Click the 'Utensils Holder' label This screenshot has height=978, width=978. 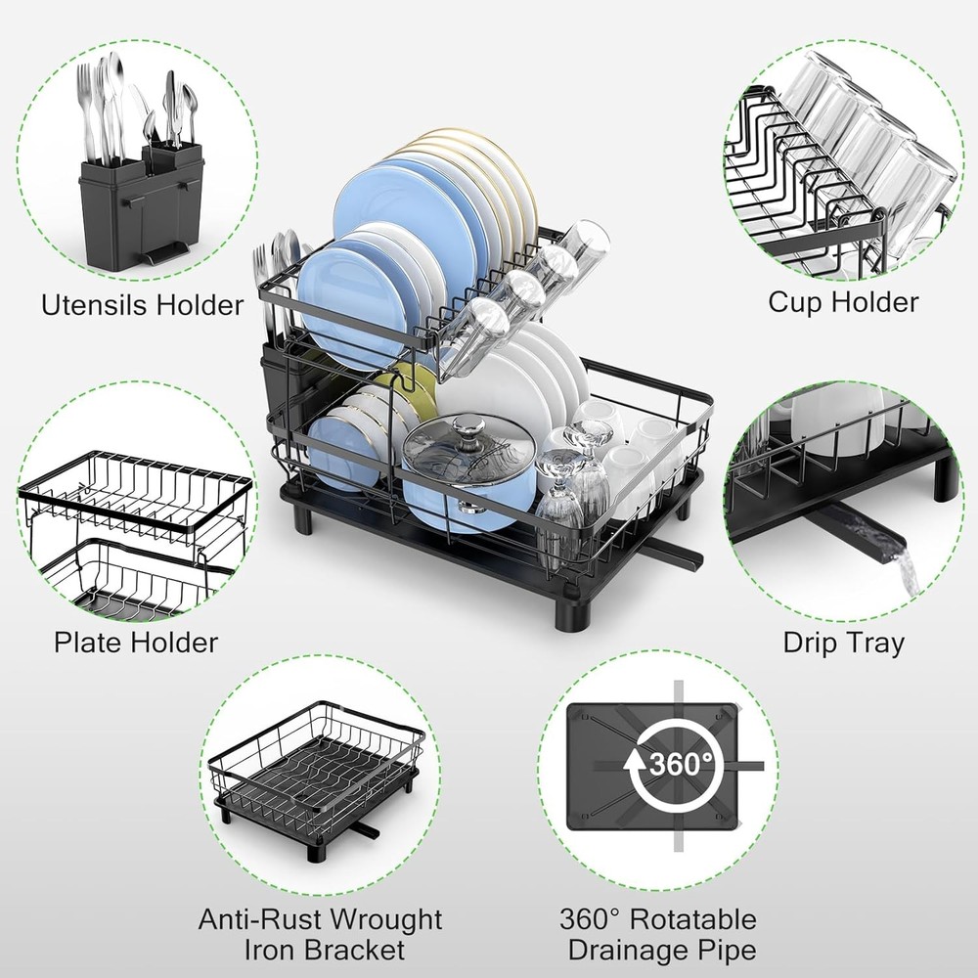point(142,305)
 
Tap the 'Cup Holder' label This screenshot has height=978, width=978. point(843,301)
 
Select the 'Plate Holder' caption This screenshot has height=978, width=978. point(136,643)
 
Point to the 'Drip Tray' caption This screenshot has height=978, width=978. point(843,643)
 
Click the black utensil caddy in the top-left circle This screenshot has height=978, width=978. point(142,210)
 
